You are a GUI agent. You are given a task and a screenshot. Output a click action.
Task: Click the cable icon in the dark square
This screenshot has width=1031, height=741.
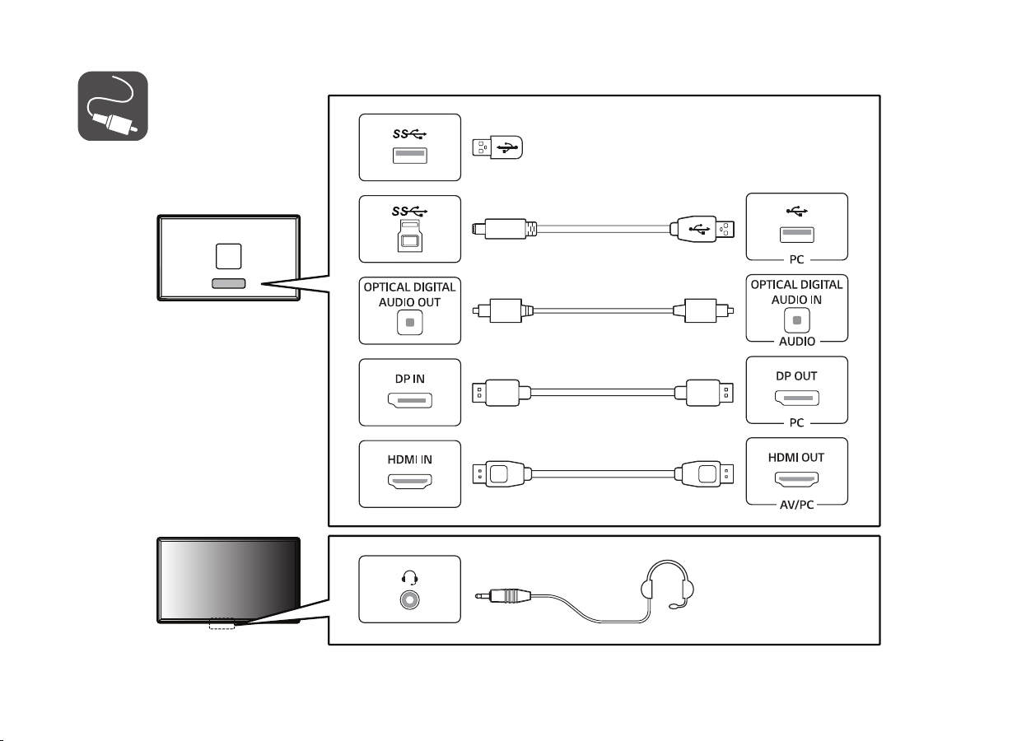coord(113,106)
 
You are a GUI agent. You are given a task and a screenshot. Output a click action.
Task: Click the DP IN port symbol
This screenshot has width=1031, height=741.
coord(409,402)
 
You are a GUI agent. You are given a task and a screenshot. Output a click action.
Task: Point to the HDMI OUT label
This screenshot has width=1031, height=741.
coord(796,457)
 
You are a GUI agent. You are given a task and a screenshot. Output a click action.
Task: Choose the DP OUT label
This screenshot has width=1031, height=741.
coord(796,375)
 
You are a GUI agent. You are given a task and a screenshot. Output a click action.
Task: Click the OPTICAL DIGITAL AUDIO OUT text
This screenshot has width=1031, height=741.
coord(409,293)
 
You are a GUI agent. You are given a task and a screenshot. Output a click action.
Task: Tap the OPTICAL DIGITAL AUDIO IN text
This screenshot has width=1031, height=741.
coord(796,292)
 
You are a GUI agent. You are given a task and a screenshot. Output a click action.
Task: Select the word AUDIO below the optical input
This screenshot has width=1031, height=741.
coord(796,340)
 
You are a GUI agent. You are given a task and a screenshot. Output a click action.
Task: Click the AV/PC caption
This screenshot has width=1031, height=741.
coord(796,504)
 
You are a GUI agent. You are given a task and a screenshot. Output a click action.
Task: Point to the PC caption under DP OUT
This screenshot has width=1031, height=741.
coord(796,422)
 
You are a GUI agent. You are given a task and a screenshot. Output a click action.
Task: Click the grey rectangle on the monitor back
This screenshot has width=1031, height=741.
coord(228,283)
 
